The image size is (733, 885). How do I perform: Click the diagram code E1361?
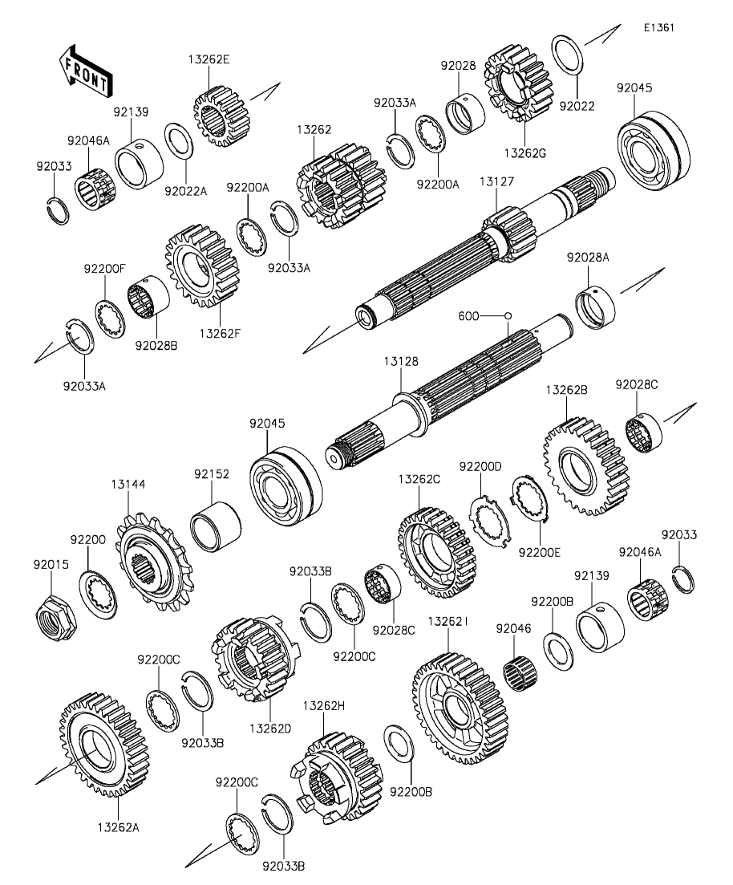(x=658, y=27)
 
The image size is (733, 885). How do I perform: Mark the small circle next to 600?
(x=508, y=316)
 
